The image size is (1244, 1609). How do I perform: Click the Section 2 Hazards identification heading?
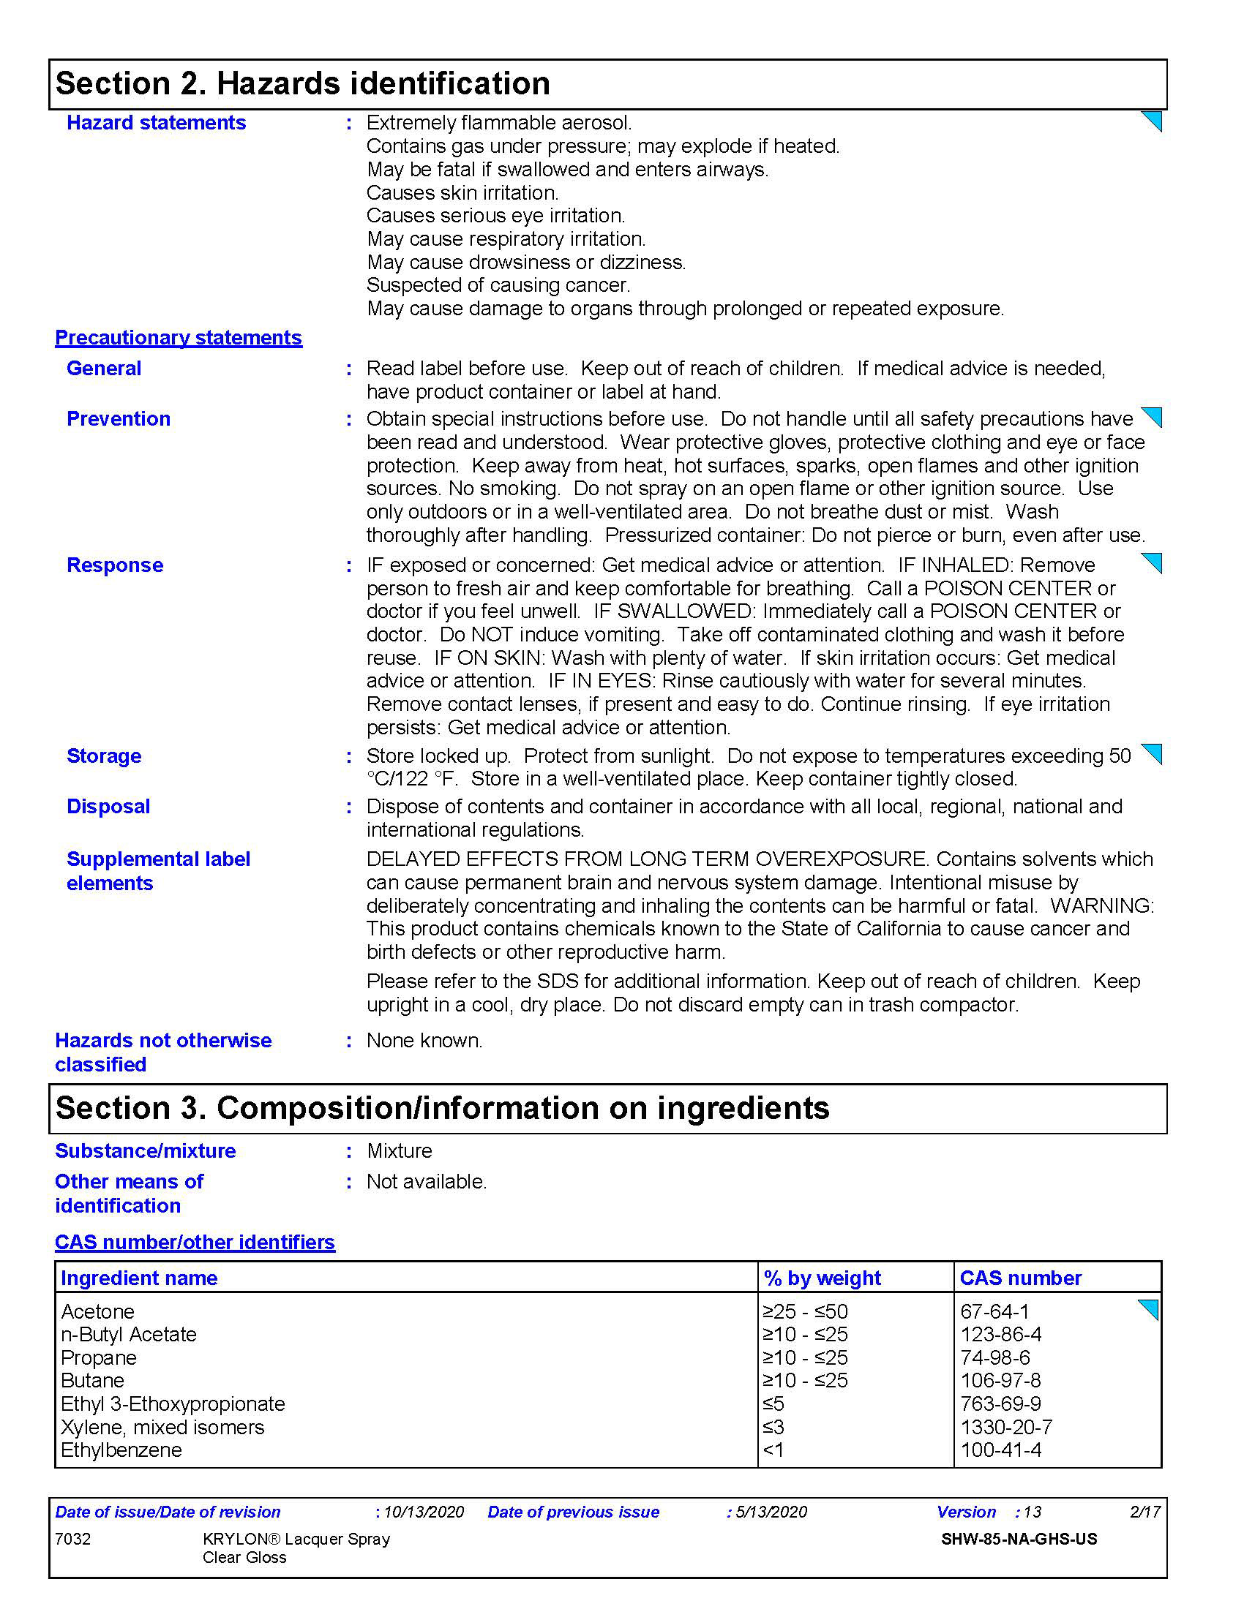pos(302,83)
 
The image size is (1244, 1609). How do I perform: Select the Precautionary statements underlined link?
pos(179,337)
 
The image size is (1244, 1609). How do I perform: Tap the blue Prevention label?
pos(119,418)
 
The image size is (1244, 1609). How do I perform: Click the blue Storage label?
pos(104,756)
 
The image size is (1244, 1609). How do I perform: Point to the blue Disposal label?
pos(108,806)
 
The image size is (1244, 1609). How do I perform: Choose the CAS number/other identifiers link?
pos(195,1242)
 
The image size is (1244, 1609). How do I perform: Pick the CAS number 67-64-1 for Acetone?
pos(994,1311)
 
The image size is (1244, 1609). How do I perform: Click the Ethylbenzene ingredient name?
pos(121,1450)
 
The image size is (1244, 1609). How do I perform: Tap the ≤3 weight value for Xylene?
pos(773,1427)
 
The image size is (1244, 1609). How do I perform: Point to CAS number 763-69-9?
pos(1000,1403)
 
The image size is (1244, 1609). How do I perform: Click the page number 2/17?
pos(1144,1512)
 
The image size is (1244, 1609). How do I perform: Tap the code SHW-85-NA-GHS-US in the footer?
pos(1019,1539)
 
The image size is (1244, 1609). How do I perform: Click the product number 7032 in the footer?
pos(73,1539)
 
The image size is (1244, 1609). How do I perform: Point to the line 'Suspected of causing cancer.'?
pos(498,285)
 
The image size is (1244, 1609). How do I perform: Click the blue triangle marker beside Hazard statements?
pos(1152,121)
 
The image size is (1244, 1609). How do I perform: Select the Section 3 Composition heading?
pos(442,1108)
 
